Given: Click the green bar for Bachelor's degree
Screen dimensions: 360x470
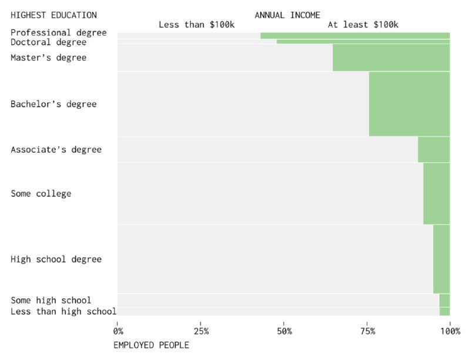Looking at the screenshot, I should point(409,104).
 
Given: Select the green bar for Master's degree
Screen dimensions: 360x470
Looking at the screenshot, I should point(391,58).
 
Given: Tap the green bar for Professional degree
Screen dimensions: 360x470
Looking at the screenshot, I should point(355,35).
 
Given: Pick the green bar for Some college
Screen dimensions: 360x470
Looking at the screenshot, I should point(437,193).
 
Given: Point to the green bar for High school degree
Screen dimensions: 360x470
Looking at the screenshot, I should point(441,259).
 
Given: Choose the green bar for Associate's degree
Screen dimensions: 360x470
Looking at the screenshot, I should point(434,150).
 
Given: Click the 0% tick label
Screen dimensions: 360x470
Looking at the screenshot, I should point(117,332).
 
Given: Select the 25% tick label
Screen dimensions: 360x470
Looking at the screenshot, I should point(200,332).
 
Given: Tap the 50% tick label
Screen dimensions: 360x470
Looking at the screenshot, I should point(284,332).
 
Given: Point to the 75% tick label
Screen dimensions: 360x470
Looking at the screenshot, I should point(367,332).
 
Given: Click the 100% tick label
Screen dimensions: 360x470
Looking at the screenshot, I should point(449,332).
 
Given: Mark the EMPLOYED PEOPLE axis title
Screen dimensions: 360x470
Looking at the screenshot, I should point(151,345).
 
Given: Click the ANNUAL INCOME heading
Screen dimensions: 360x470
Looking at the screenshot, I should point(287,15).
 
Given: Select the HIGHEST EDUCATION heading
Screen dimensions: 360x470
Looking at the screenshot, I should point(53,15).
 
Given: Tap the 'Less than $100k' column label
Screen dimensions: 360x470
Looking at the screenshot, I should point(197,25).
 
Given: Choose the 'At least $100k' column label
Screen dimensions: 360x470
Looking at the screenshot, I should point(362,25).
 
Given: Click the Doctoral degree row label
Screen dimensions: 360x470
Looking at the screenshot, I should point(48,42).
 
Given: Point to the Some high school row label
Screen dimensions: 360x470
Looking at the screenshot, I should point(51,301).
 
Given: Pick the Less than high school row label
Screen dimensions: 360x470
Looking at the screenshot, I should point(63,311).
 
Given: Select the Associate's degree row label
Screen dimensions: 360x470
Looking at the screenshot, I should point(56,150).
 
